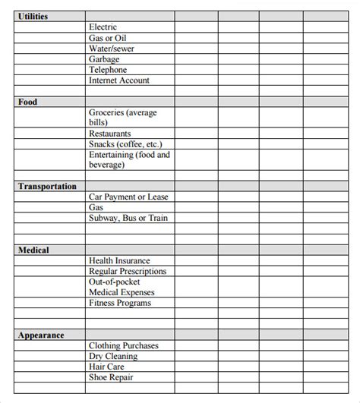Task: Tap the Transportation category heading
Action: [46, 186]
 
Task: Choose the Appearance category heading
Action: [40, 335]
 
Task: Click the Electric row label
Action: [103, 27]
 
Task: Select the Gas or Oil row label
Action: [109, 38]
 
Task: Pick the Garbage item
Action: [104, 59]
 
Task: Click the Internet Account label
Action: [119, 80]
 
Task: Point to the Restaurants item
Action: [109, 134]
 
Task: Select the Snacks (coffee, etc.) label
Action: [125, 144]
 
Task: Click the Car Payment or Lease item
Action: [128, 197]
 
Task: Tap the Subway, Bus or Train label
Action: [128, 219]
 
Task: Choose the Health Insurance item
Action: [119, 261]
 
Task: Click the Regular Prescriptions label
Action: [127, 272]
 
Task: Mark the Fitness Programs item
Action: [120, 304]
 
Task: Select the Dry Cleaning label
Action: [113, 357]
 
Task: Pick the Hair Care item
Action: [107, 367]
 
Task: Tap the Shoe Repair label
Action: [111, 378]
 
